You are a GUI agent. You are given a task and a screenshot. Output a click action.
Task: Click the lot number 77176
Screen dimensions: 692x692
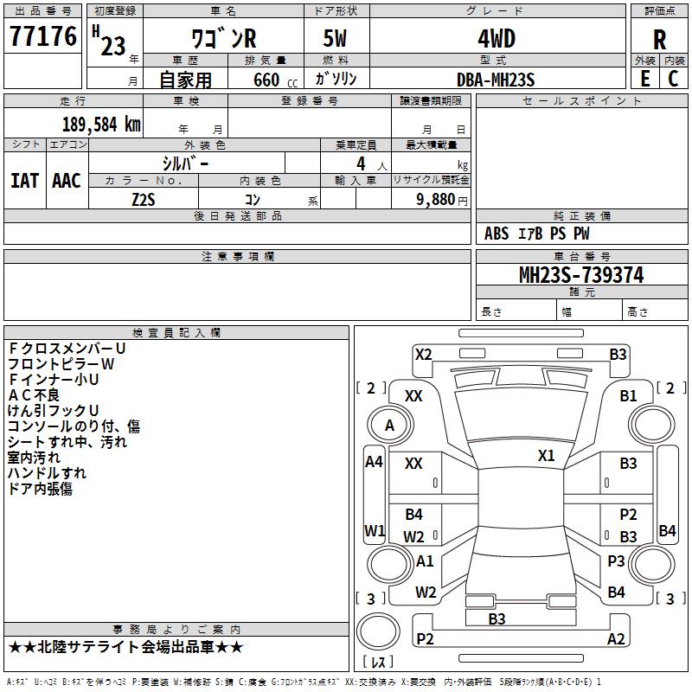click(42, 36)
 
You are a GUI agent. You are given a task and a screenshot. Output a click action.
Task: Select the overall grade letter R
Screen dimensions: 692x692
click(659, 40)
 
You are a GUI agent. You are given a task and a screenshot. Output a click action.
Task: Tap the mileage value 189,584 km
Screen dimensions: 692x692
click(101, 125)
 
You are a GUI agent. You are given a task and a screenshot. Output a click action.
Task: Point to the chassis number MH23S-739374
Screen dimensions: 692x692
click(581, 275)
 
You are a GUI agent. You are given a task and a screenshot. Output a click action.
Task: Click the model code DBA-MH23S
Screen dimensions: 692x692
click(496, 80)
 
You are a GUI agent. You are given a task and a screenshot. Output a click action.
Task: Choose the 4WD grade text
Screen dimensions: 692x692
click(497, 39)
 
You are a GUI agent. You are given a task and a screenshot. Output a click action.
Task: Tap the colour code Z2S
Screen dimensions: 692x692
click(144, 200)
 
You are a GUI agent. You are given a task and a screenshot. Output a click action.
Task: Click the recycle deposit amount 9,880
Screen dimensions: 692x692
click(436, 200)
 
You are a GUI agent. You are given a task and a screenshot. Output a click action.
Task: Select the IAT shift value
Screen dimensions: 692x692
click(25, 181)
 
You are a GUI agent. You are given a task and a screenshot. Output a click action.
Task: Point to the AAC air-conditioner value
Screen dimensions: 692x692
click(67, 181)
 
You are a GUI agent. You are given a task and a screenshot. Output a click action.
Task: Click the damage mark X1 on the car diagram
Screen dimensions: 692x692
click(546, 455)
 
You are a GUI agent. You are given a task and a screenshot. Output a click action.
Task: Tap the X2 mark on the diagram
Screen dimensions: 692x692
click(423, 355)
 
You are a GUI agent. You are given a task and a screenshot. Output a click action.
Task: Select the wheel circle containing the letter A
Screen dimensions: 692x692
click(390, 425)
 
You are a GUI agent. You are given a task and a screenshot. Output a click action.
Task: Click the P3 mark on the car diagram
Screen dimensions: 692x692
click(616, 561)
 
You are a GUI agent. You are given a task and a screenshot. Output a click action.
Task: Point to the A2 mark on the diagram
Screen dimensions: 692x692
click(616, 638)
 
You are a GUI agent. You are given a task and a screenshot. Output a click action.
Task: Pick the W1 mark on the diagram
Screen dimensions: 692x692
click(375, 530)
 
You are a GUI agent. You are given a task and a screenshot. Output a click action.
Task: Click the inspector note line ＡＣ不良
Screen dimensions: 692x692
click(34, 395)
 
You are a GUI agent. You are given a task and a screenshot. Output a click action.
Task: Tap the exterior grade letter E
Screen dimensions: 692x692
click(645, 79)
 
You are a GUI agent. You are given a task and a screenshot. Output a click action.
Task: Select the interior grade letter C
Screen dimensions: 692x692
click(674, 79)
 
